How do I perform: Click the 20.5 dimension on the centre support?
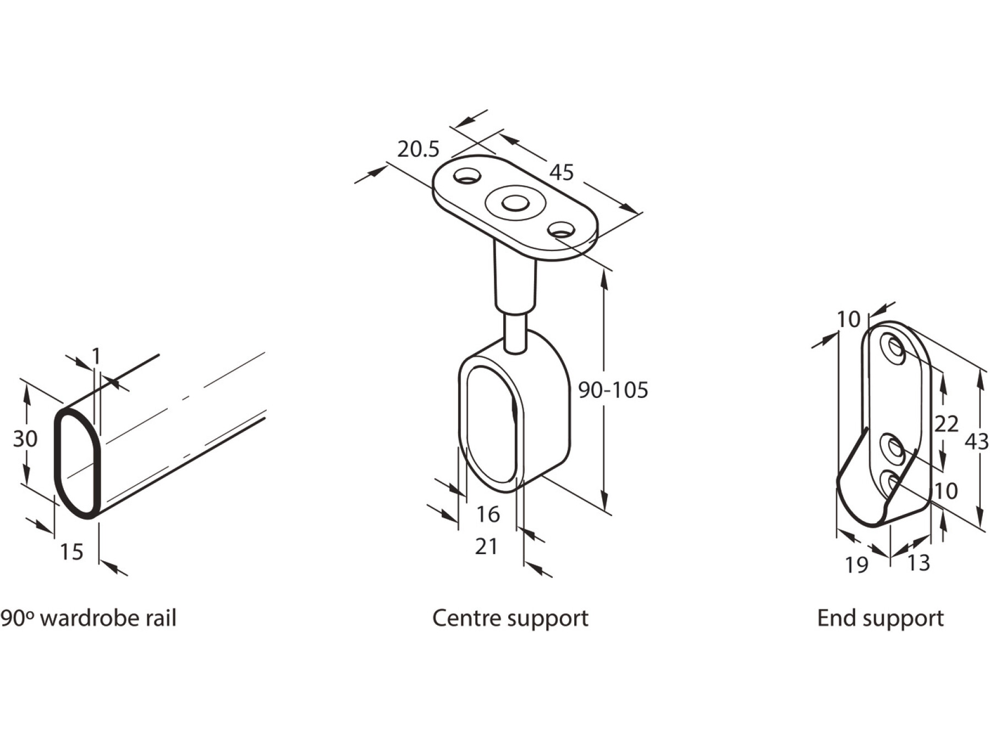click(x=418, y=149)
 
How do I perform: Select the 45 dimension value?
click(x=561, y=173)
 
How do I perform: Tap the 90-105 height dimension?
click(x=613, y=390)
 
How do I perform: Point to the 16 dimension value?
click(x=488, y=514)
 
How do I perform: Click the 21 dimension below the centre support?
click(x=486, y=547)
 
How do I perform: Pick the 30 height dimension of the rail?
click(x=25, y=439)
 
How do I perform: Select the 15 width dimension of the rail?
click(x=71, y=552)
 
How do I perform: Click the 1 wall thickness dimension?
click(x=96, y=357)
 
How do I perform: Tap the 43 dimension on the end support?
click(x=976, y=441)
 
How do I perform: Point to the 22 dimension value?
click(x=946, y=424)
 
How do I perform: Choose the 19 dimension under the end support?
click(x=856, y=564)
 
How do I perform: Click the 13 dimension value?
click(x=918, y=563)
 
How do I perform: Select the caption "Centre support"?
click(x=510, y=618)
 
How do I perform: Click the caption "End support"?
click(x=880, y=618)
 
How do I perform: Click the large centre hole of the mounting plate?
click(x=515, y=203)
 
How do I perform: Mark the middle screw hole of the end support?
click(x=893, y=448)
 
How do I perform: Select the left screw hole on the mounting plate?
click(x=467, y=176)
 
